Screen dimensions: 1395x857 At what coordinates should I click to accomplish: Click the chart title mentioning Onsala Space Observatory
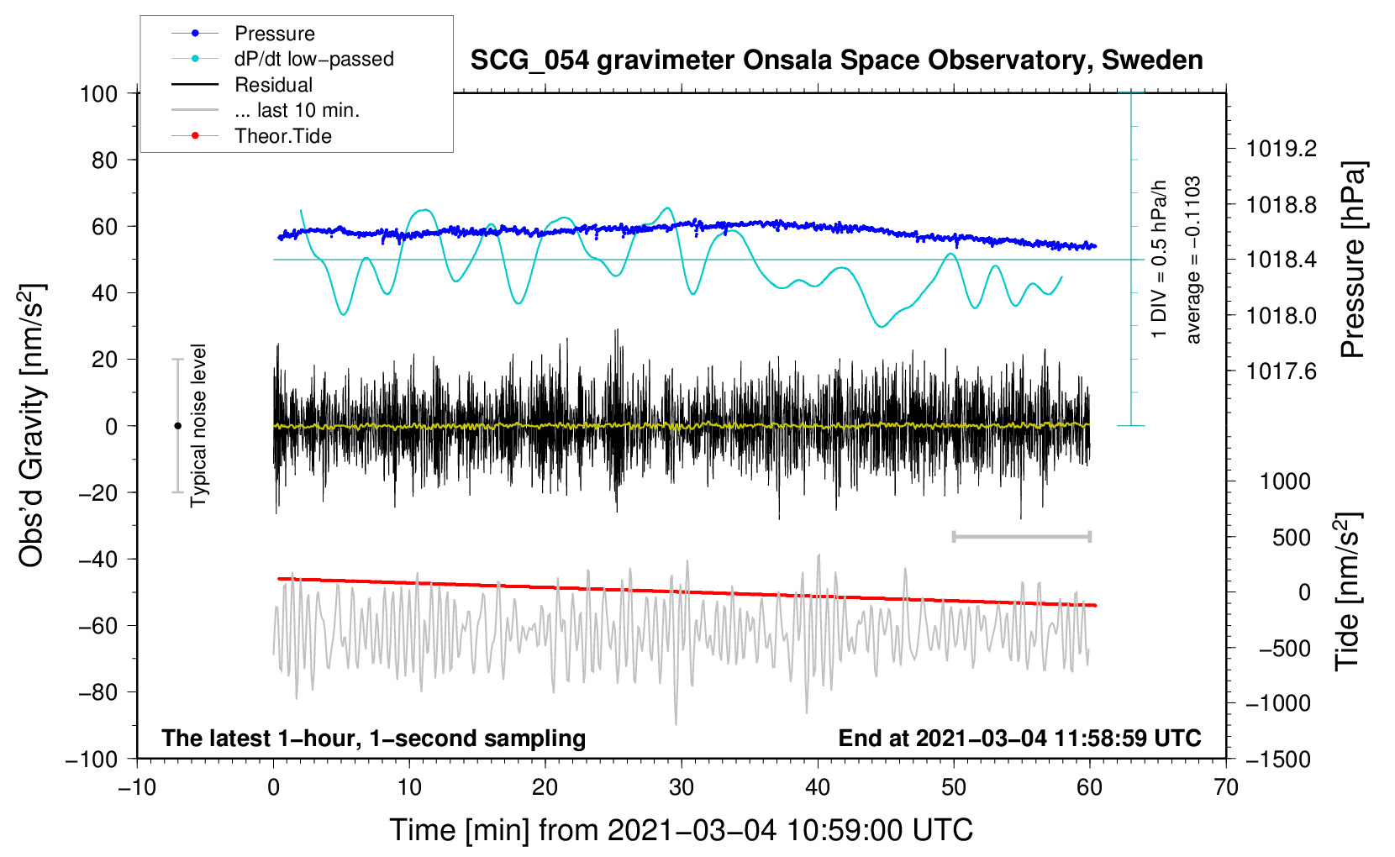(x=836, y=60)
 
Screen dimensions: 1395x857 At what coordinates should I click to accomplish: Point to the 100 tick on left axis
(x=99, y=94)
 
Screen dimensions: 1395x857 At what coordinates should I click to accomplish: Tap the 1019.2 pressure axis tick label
(x=1281, y=149)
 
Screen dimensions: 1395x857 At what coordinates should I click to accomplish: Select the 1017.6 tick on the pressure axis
(x=1281, y=372)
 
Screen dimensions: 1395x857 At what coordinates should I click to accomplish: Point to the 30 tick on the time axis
(x=682, y=788)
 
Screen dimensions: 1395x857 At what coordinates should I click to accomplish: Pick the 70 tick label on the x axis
(x=1225, y=788)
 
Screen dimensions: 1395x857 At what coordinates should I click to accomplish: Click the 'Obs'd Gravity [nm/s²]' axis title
(x=31, y=426)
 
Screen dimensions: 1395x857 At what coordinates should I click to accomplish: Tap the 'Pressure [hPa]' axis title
(x=1352, y=260)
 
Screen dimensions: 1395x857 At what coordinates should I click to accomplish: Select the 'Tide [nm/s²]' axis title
(x=1348, y=592)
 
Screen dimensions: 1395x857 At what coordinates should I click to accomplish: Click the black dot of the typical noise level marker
(x=177, y=426)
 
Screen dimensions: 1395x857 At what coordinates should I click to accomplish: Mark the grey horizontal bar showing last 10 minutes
(x=1021, y=536)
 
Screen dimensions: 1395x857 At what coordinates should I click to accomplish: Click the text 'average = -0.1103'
(x=1192, y=260)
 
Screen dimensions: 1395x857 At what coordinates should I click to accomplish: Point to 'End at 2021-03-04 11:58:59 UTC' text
(x=1019, y=738)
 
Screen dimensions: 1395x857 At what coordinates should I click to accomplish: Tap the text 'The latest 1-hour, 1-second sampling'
(x=374, y=738)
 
